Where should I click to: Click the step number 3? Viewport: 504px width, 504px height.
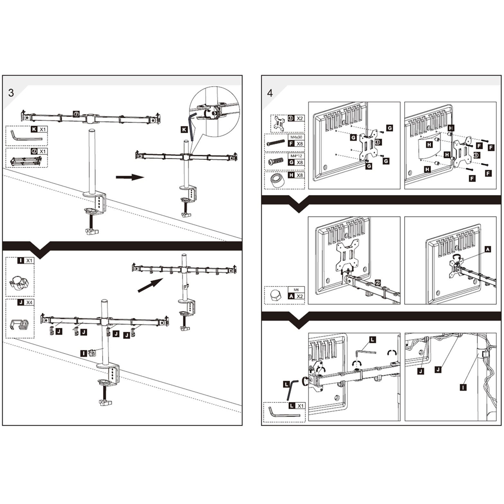(x=11, y=92)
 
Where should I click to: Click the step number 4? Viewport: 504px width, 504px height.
(x=270, y=92)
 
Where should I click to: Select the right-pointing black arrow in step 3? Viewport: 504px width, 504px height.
(x=130, y=177)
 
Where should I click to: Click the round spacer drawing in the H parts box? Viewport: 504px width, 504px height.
(x=276, y=180)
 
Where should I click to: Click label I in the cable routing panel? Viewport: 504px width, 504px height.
(x=463, y=387)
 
